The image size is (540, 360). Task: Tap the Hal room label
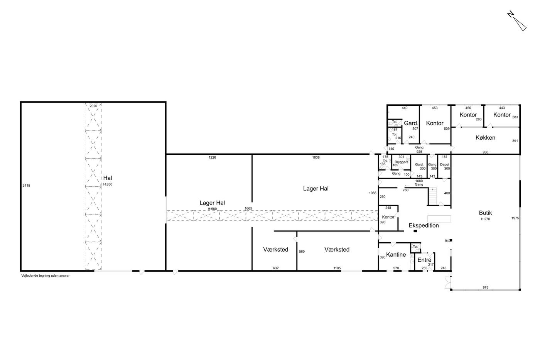point(108,178)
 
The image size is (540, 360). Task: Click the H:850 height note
point(108,184)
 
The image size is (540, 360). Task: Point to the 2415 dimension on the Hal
point(26,186)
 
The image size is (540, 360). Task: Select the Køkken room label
point(485,138)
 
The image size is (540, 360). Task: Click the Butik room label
point(485,213)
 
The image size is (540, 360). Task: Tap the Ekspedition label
point(424,226)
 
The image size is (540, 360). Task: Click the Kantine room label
point(396,255)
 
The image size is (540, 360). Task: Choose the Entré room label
point(424,260)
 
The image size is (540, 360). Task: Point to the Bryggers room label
point(402,162)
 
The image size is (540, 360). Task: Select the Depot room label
point(444,164)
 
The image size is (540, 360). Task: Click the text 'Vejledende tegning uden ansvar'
point(46,275)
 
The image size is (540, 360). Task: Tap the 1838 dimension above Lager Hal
point(316,157)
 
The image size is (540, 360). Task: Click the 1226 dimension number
point(212,157)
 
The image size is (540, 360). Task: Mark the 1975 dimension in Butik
point(515,218)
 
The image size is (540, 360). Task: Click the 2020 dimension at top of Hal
point(93,106)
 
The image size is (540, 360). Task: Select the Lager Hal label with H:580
point(212,203)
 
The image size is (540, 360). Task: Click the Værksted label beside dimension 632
point(275,250)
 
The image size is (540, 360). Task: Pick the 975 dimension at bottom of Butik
point(485,287)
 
